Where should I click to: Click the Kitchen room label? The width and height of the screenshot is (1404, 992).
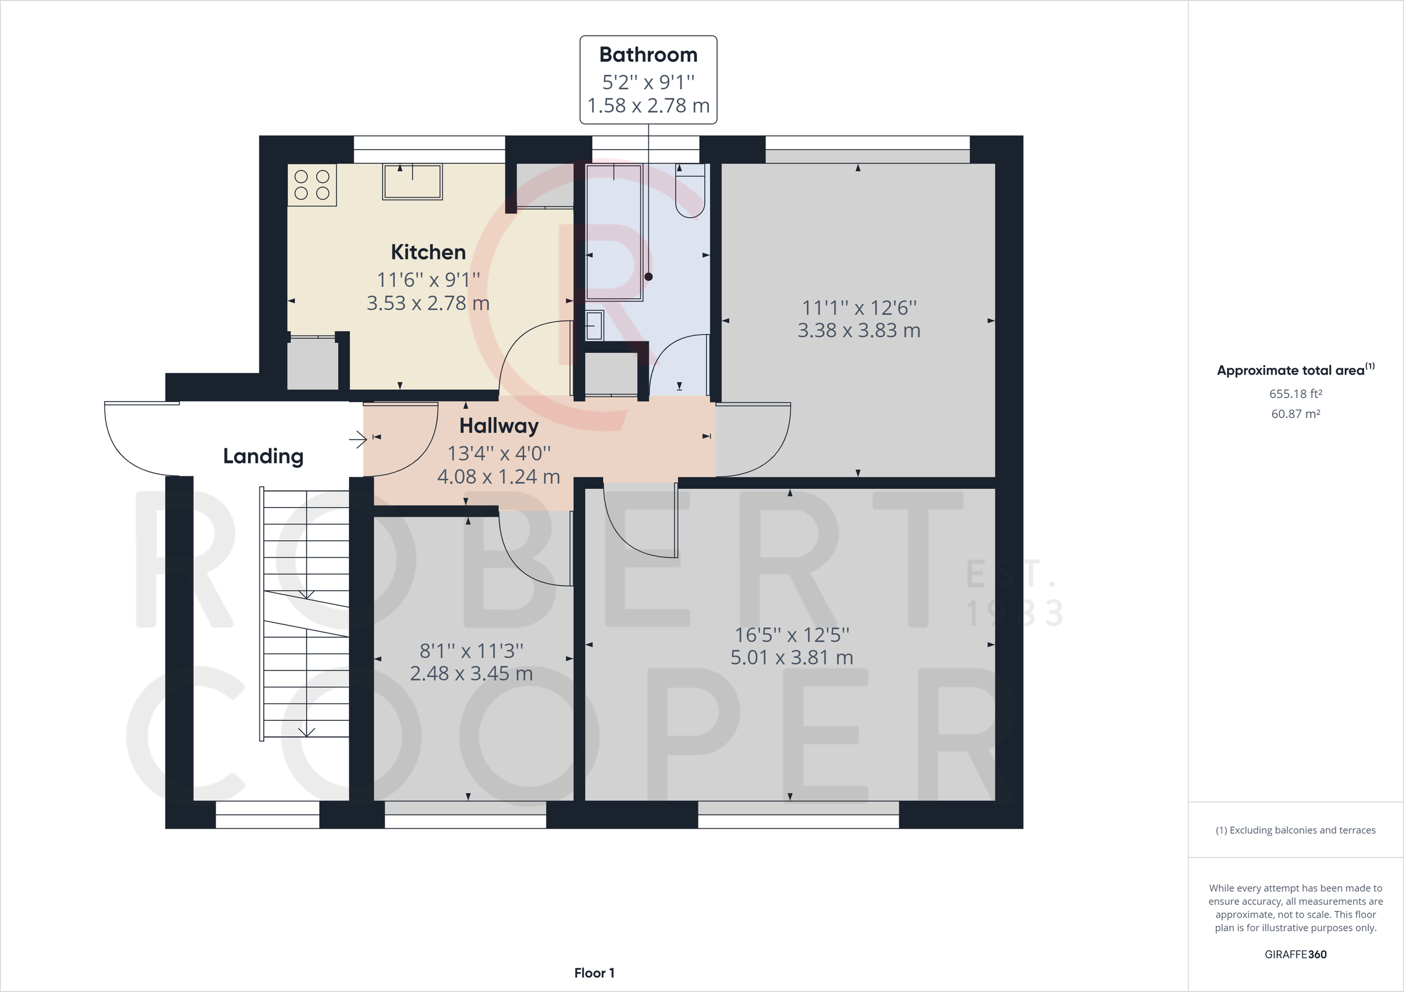428,252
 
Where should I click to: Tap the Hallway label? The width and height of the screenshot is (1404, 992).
498,426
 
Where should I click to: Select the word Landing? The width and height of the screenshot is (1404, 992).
263,456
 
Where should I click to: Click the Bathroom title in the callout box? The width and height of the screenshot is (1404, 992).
648,55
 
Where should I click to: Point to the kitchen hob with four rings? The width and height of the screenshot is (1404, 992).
312,185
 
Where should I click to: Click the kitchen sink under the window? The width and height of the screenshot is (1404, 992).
412,182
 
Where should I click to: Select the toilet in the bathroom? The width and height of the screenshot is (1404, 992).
690,192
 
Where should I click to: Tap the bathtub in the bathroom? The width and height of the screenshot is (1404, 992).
614,232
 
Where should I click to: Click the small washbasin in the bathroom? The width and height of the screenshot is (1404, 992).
594,326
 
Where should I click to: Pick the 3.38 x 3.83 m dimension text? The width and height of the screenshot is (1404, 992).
859,331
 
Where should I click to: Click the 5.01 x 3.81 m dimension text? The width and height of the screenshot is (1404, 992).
792,658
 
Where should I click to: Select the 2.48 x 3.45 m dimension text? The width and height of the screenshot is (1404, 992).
471,673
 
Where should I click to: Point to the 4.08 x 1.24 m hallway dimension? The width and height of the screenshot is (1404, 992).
498,477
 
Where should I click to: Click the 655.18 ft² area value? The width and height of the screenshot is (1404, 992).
1295,393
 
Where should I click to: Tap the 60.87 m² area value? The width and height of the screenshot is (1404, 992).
1295,414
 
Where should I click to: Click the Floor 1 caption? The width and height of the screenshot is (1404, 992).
594,973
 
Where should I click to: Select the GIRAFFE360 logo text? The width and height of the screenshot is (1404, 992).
1295,954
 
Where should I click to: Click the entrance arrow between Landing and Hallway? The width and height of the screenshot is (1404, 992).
357,439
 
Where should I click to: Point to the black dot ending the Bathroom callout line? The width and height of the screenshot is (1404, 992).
648,277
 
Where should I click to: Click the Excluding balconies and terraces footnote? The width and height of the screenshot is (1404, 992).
1295,830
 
